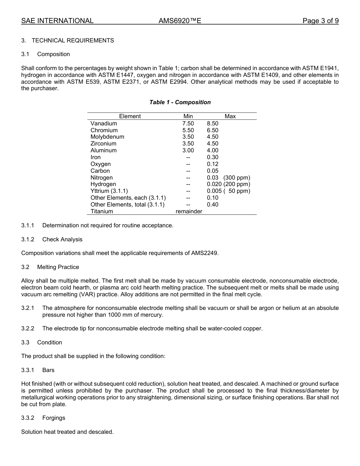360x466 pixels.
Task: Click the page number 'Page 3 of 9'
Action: click(x=320, y=21)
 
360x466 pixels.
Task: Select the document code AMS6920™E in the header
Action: click(x=180, y=21)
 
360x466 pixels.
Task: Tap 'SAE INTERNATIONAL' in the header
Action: click(x=57, y=21)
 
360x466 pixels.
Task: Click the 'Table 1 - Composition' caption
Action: click(x=180, y=102)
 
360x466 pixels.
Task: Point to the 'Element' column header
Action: click(x=130, y=116)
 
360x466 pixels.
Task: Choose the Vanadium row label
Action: click(x=104, y=124)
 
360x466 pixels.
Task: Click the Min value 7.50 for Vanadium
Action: click(x=188, y=124)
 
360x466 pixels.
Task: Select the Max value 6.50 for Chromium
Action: click(x=213, y=130)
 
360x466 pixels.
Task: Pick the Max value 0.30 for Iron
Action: click(x=213, y=157)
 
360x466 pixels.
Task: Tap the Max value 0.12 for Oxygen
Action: click(x=213, y=164)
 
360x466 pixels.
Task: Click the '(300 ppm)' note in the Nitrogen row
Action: click(x=237, y=178)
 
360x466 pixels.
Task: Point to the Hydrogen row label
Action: click(x=103, y=184)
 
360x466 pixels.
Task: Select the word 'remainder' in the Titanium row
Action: click(x=189, y=211)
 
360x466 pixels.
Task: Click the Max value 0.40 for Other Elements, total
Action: click(x=213, y=205)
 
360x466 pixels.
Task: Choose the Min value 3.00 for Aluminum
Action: click(x=188, y=150)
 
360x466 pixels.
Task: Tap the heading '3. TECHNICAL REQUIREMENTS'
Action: click(x=67, y=41)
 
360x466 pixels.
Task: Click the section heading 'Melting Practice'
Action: click(x=58, y=267)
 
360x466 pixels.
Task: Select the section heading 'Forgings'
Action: click(x=54, y=418)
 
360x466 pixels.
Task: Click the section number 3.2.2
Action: click(x=28, y=328)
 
